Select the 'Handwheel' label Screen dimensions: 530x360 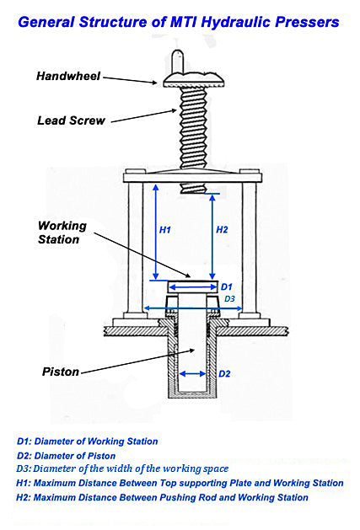coord(68,76)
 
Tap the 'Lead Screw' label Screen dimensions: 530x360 coord(71,120)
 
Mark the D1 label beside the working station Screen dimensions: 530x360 coord(226,287)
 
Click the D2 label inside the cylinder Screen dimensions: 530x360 coord(224,373)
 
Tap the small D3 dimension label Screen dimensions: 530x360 coord(229,299)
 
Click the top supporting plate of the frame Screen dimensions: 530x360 coord(190,177)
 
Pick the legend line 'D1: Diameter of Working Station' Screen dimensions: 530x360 coord(87,441)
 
